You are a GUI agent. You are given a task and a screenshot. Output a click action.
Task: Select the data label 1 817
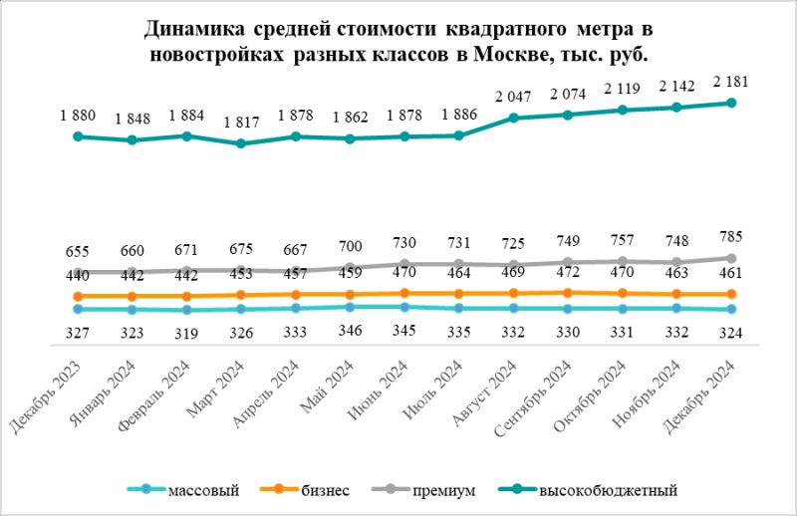point(240,124)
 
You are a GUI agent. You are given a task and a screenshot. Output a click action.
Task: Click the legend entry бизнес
point(325,490)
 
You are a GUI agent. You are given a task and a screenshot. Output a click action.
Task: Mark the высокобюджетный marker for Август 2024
point(513,119)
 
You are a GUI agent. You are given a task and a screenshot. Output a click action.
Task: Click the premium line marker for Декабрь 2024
point(731,258)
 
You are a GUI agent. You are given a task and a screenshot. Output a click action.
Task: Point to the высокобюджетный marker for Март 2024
point(240,143)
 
